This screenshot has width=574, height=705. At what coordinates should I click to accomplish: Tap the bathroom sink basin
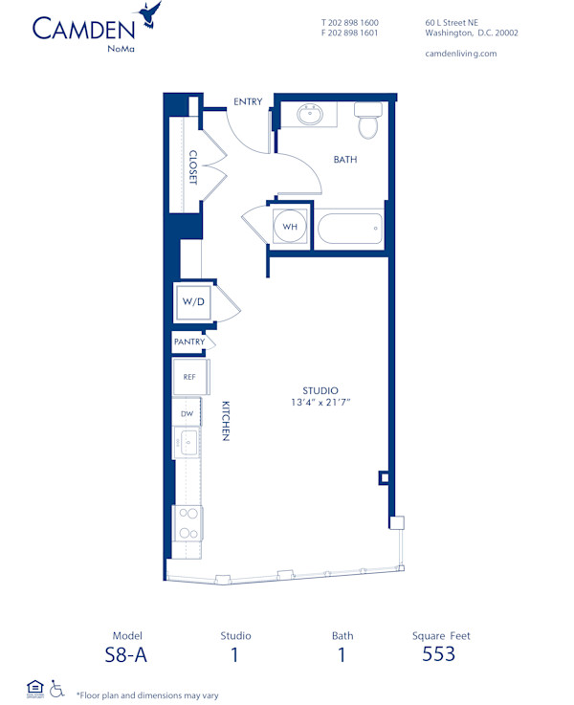(x=310, y=116)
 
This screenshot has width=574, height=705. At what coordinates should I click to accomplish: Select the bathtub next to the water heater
(x=349, y=229)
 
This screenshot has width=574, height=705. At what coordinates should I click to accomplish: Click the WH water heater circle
(x=290, y=228)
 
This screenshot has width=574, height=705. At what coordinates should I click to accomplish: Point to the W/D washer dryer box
(x=193, y=301)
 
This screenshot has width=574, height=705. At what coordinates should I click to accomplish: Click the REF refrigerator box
(x=188, y=377)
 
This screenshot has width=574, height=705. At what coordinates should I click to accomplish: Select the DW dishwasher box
(x=188, y=413)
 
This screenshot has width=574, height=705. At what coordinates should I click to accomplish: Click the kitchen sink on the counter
(x=188, y=444)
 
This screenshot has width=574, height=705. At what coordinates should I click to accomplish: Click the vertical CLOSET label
(x=193, y=167)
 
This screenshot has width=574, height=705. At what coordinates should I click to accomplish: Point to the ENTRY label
(x=248, y=101)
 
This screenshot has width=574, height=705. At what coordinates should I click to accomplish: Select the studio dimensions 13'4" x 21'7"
(x=320, y=403)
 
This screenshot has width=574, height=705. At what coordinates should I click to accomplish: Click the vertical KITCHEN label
(x=226, y=421)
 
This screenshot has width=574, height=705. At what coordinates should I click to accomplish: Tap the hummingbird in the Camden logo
(x=149, y=13)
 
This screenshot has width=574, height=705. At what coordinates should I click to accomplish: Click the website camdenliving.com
(x=460, y=54)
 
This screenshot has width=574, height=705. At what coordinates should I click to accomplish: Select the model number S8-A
(x=127, y=655)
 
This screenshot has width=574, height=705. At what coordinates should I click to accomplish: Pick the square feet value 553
(x=438, y=655)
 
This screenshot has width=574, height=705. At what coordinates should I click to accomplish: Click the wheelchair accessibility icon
(x=57, y=688)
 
